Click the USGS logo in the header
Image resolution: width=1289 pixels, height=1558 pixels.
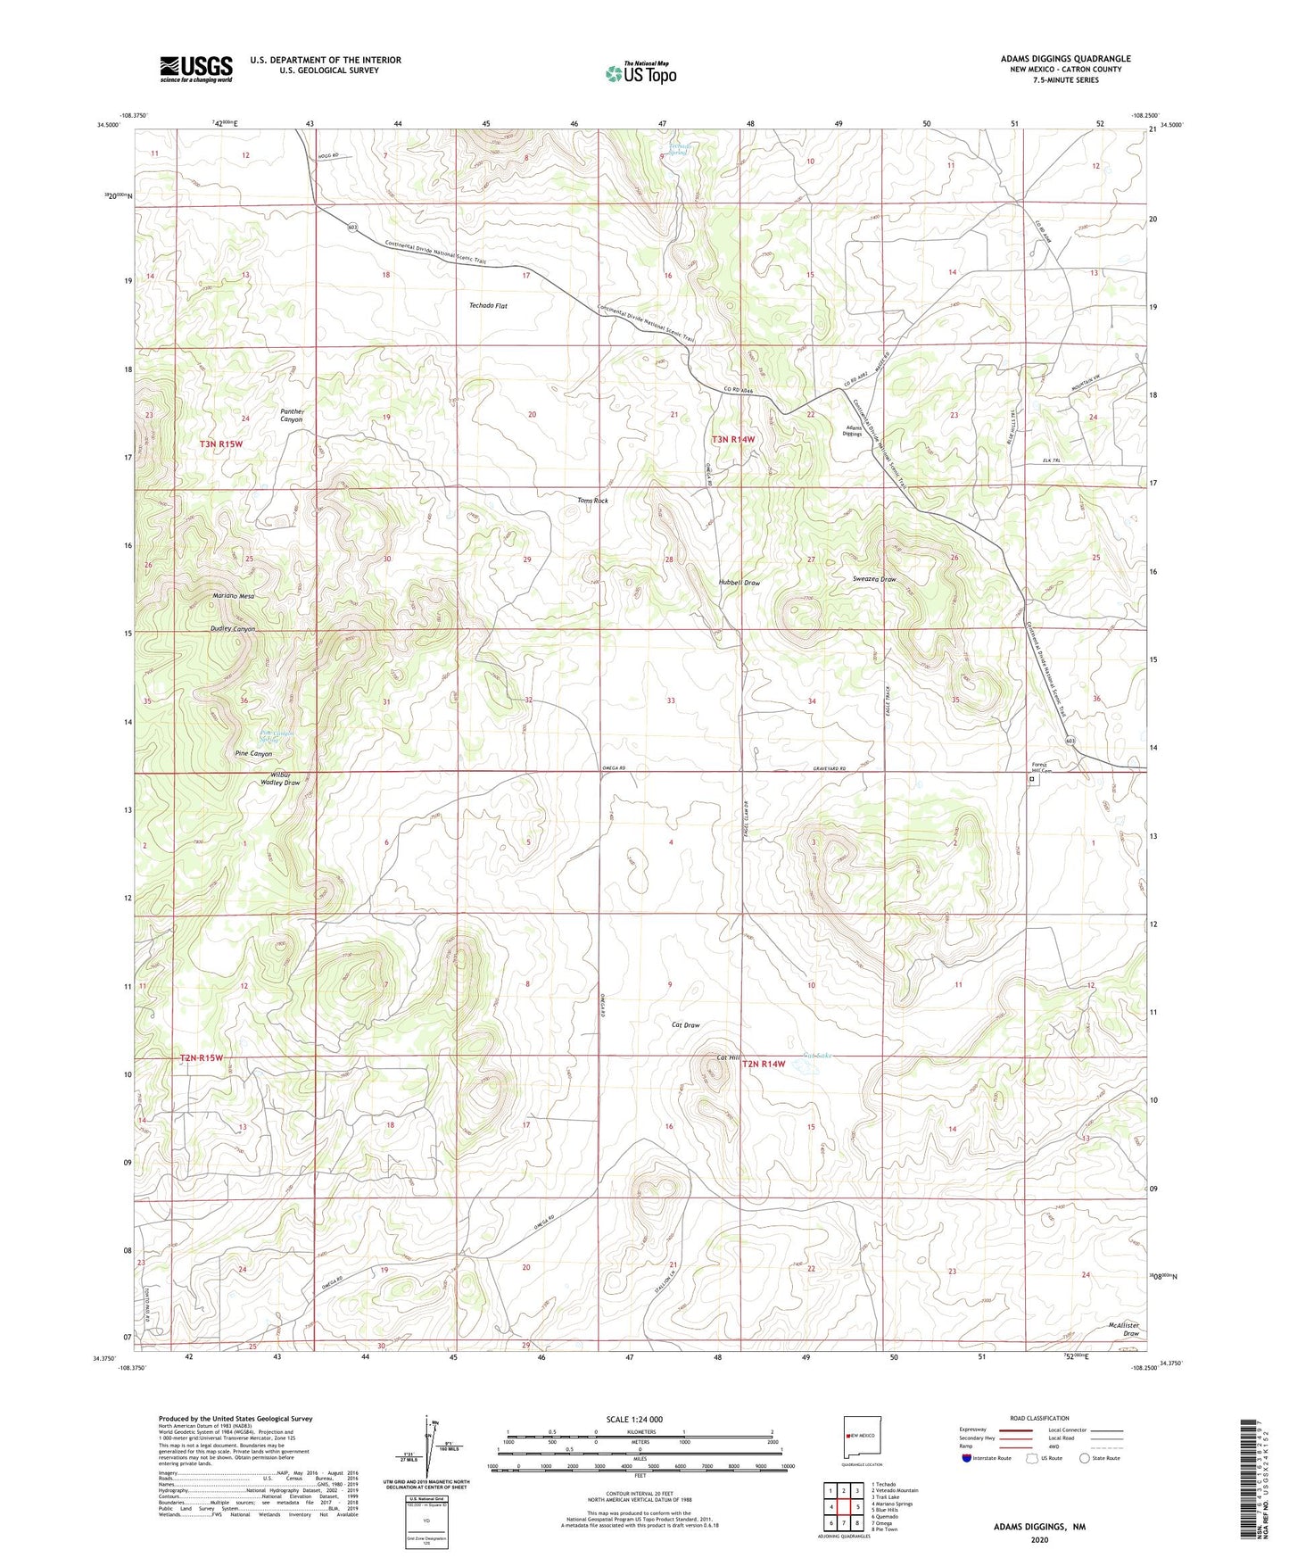[x=195, y=69]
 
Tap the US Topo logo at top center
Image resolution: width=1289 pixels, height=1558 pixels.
[x=640, y=72]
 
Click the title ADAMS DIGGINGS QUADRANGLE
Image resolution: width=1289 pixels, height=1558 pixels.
[x=1065, y=59]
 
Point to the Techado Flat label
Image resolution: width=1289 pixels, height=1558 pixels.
[x=488, y=306]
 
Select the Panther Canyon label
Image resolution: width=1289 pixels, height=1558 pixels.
[x=292, y=416]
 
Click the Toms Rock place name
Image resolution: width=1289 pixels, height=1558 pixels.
[x=592, y=501]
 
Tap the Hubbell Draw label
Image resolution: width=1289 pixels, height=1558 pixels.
[x=740, y=583]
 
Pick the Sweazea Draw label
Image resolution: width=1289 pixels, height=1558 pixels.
[x=874, y=579]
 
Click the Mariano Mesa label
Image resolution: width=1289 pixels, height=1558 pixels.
[x=233, y=596]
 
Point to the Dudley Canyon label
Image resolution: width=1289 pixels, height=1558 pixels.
[x=233, y=629]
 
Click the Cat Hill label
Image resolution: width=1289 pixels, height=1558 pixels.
[x=729, y=1058]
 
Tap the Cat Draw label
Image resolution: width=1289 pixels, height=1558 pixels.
[x=685, y=1025]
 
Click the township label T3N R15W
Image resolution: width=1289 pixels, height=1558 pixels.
[x=220, y=443]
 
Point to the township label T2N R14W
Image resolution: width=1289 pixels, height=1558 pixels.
[x=764, y=1064]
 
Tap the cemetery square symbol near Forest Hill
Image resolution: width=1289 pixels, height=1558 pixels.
[x=1032, y=780]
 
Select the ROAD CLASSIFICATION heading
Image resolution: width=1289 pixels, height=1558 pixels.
[x=1039, y=1418]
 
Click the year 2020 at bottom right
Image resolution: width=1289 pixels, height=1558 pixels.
[x=1038, y=1539]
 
